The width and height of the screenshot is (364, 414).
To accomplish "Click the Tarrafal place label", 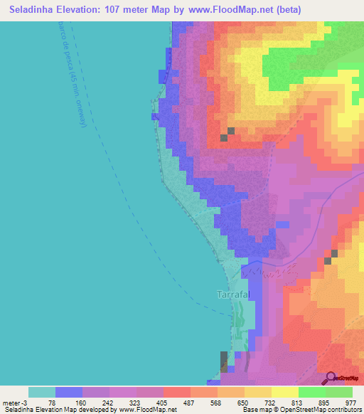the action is click(232, 294).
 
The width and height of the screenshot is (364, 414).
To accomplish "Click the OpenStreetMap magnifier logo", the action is click(329, 378).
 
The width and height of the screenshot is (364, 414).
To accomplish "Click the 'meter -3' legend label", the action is click(14, 402).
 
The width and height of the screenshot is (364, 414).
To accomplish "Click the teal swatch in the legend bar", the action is click(42, 392).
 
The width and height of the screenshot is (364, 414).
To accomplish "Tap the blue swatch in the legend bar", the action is click(69, 392).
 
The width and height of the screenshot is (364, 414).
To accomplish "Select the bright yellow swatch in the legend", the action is click(284, 392).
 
